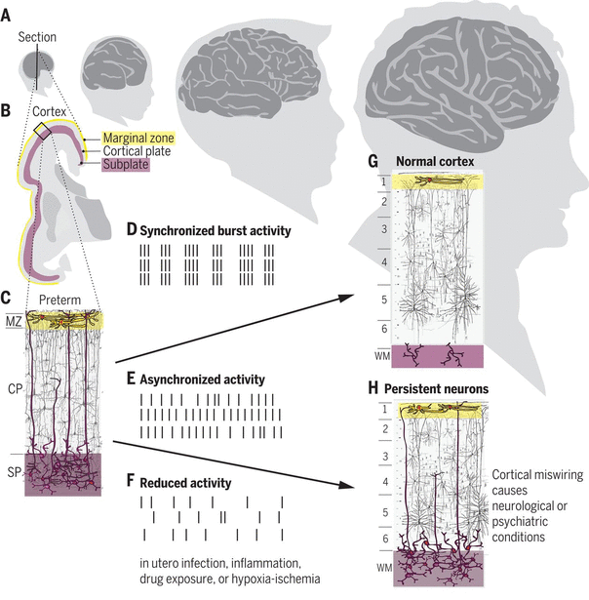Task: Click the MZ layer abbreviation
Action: click(x=15, y=319)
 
